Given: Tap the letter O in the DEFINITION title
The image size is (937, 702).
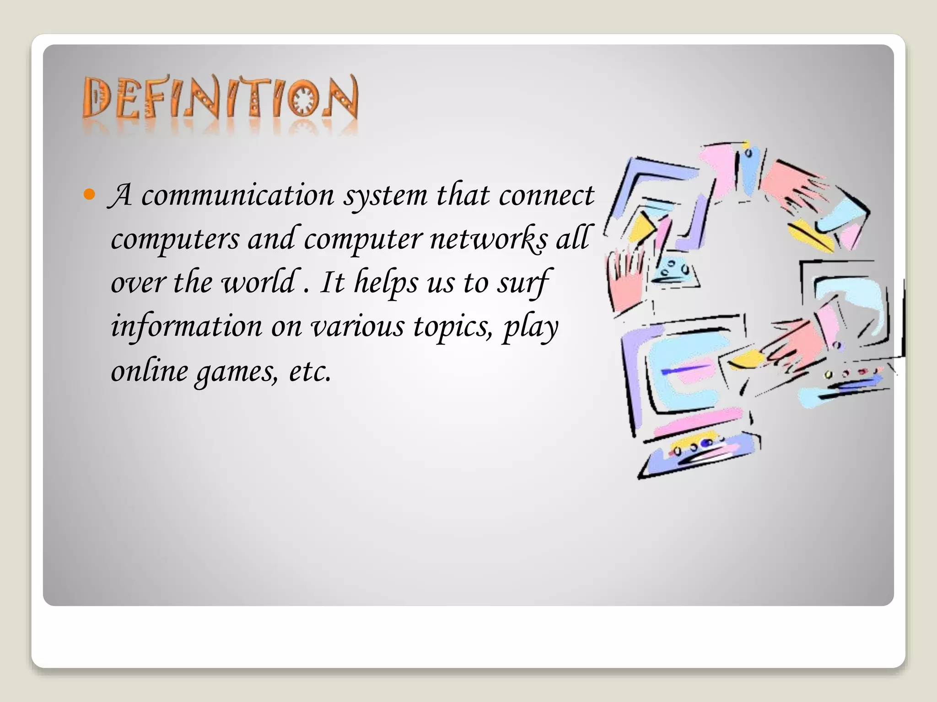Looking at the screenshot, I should [303, 100].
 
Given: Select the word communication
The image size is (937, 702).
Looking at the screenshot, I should [237, 195].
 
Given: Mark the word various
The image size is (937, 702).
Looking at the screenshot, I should [357, 326].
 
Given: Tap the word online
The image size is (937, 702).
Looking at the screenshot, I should [149, 370].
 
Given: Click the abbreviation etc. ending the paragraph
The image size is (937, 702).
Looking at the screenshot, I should [310, 370].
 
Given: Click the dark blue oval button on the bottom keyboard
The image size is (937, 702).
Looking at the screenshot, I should [707, 443].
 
